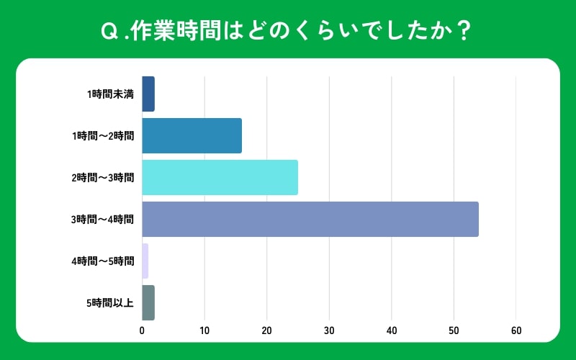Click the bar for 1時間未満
(148, 94)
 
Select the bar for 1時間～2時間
(192, 135)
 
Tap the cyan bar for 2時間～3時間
(220, 177)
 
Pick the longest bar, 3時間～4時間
(310, 219)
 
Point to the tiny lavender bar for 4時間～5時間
(145, 261)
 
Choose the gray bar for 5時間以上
(148, 302)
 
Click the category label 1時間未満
(110, 94)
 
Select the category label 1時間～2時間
(102, 136)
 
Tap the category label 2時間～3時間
(102, 178)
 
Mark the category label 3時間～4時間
(102, 220)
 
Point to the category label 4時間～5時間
(102, 261)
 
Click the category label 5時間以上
(110, 302)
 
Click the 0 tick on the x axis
(142, 330)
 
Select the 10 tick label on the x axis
(204, 330)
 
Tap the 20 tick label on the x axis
(266, 330)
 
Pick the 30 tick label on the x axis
(329, 330)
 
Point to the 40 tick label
(392, 330)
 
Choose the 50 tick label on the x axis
(454, 330)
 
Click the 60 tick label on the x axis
(516, 330)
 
